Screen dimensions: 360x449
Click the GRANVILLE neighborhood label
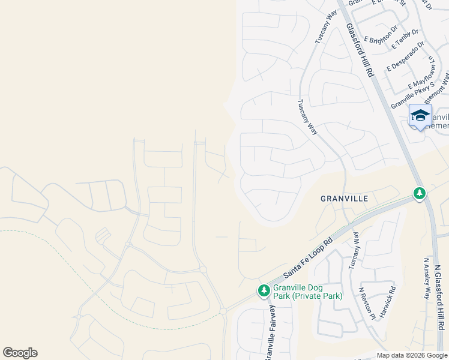(344, 198)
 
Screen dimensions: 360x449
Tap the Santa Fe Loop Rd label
(308, 260)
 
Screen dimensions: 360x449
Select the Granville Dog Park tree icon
(264, 291)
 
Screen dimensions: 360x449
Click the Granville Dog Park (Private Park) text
(307, 292)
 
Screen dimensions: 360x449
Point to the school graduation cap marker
(420, 115)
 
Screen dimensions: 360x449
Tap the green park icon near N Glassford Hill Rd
(420, 193)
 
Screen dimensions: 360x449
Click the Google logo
(20, 353)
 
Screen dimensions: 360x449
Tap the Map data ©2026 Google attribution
(411, 355)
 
